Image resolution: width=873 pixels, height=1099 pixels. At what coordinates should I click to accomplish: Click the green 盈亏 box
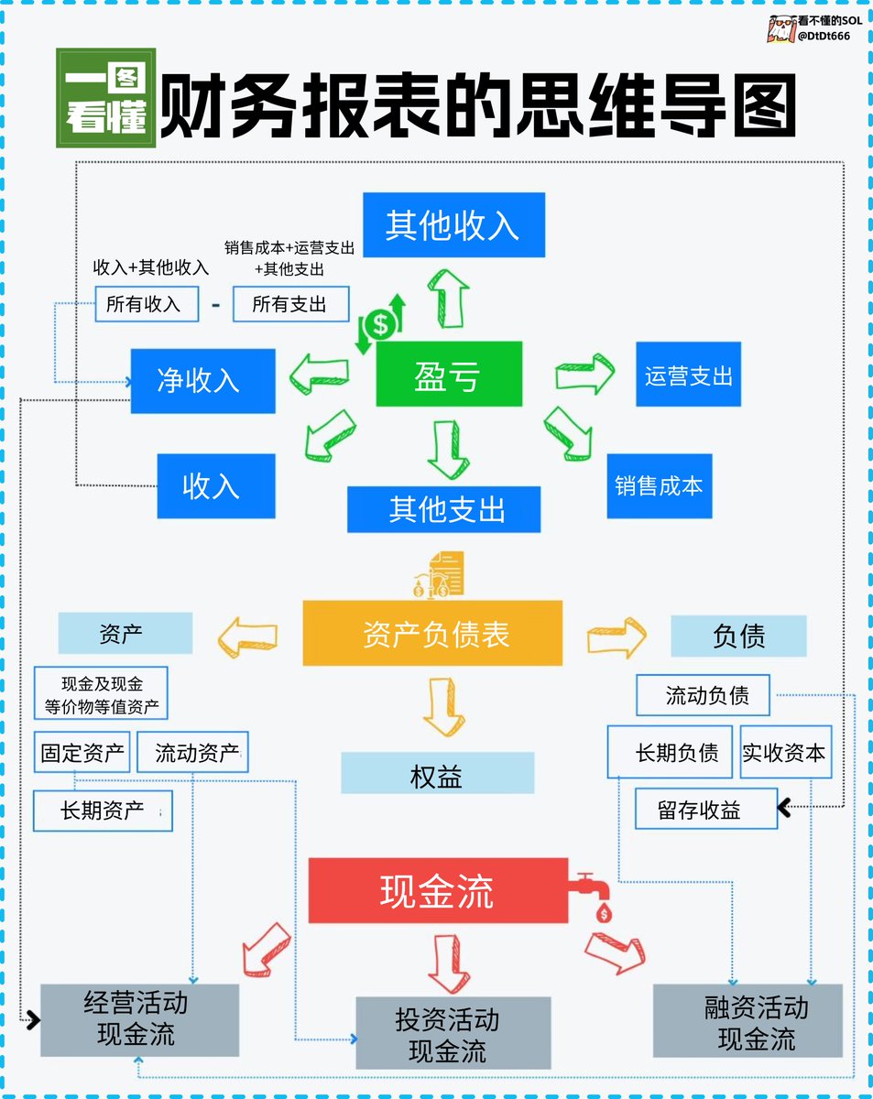point(449,374)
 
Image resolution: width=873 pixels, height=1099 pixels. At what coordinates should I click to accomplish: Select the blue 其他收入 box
point(453,224)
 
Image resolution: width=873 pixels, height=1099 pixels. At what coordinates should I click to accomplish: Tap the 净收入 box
point(202,380)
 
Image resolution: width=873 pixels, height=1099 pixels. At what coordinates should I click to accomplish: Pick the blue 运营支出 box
point(688,374)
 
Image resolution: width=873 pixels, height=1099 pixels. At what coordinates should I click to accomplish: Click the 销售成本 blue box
point(659,485)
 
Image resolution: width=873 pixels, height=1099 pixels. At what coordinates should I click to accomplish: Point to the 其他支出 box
point(443,509)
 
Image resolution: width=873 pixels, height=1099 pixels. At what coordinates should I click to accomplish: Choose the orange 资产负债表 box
point(432,633)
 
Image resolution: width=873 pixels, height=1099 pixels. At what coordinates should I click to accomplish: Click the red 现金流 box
point(438,890)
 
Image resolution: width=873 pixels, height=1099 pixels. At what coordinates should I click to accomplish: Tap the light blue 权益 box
point(437,774)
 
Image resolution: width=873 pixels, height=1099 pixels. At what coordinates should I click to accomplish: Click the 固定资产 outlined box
point(82,753)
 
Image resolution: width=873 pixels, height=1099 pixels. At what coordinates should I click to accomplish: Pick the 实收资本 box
point(784,753)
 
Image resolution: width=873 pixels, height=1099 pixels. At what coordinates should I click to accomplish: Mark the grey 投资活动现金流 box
point(453,1033)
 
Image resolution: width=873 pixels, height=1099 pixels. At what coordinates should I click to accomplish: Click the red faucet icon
point(594,894)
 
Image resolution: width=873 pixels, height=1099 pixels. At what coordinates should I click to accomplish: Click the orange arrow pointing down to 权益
point(444,704)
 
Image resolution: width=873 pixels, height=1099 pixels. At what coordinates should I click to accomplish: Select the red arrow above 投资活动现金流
point(448,961)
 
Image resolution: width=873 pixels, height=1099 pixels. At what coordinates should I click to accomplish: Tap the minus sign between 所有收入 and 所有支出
point(216,304)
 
